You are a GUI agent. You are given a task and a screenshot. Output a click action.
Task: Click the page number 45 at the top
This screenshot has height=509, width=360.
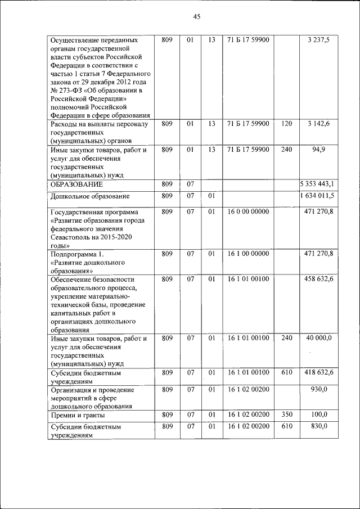[197, 16]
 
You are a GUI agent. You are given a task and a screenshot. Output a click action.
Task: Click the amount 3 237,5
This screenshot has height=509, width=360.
[319, 40]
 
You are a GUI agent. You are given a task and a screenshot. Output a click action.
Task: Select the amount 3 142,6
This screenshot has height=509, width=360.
[319, 123]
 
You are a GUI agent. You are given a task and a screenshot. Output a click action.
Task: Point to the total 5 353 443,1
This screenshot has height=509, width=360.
[317, 184]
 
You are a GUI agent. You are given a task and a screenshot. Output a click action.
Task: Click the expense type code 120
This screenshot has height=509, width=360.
[286, 123]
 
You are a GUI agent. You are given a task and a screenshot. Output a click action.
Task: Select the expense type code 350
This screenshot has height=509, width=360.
[286, 415]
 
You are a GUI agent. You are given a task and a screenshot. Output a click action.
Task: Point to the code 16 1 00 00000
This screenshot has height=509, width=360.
[249, 254]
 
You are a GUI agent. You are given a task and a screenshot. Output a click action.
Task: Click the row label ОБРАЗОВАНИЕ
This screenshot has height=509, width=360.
[76, 184]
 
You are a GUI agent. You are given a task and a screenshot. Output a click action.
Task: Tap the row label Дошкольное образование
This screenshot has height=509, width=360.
[90, 196]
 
